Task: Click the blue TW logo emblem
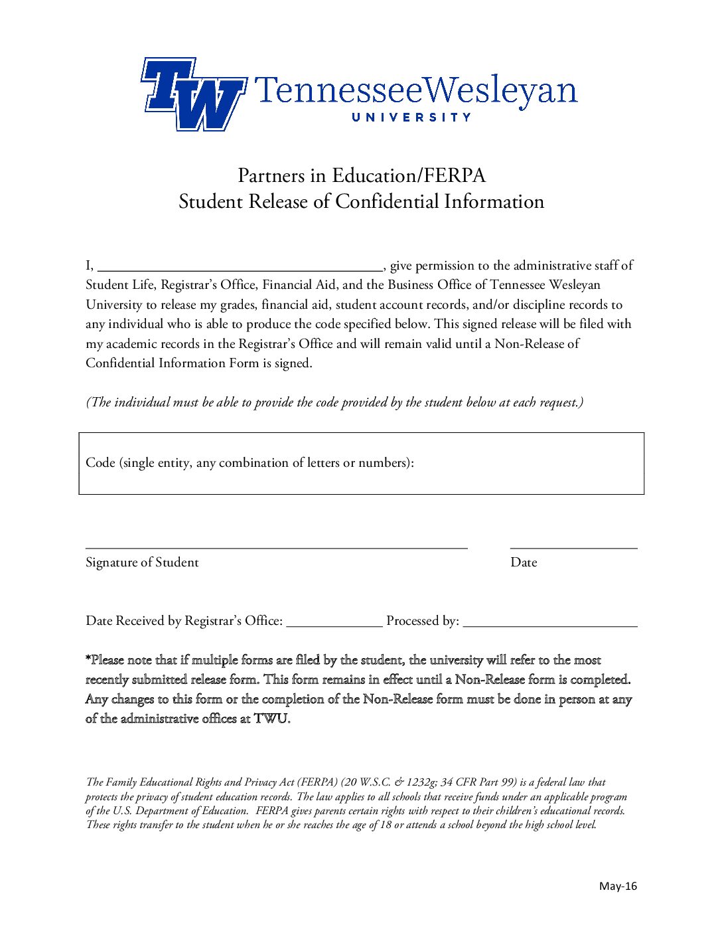pyautogui.click(x=193, y=94)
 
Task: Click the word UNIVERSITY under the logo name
pyautogui.click(x=411, y=118)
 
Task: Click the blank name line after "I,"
pyautogui.click(x=240, y=268)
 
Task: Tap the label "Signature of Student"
pyautogui.click(x=142, y=562)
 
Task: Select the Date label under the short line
pyautogui.click(x=524, y=562)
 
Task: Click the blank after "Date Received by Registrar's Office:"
pyautogui.click(x=334, y=623)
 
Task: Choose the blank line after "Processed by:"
pyautogui.click(x=550, y=623)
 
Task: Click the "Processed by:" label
pyautogui.click(x=423, y=621)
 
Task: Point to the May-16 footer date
pyautogui.click(x=618, y=886)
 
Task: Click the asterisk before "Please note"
pyautogui.click(x=88, y=659)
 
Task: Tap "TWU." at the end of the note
pyautogui.click(x=272, y=719)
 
